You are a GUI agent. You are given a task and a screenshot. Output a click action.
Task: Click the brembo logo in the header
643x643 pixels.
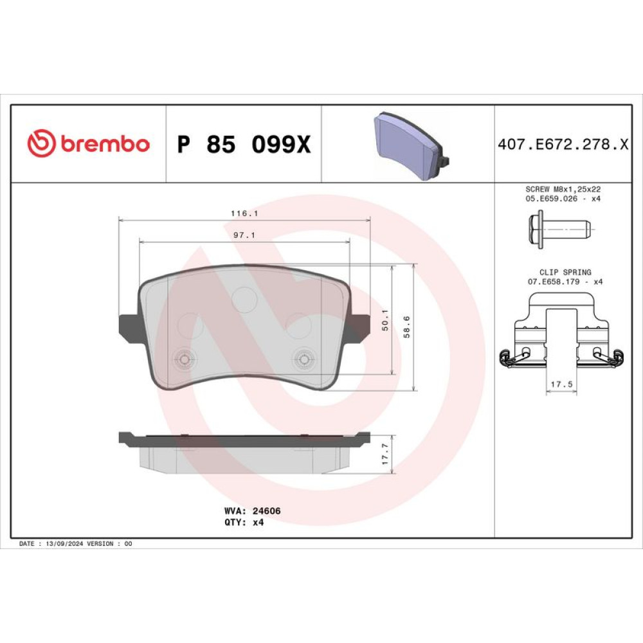coord(88,143)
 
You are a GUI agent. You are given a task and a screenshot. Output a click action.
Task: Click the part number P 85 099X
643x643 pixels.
coord(244,144)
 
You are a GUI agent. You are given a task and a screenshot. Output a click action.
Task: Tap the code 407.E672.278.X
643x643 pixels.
coord(563,144)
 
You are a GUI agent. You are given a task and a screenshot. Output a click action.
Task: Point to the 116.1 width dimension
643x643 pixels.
coord(244,213)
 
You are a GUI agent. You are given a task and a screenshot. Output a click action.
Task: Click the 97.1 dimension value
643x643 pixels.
coord(244,235)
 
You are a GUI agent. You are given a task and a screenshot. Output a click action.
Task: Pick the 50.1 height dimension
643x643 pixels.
coord(385,320)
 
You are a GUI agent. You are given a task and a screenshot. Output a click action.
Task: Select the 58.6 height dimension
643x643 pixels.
coord(406,327)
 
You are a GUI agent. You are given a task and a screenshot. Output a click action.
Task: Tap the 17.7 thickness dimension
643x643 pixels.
coord(385,454)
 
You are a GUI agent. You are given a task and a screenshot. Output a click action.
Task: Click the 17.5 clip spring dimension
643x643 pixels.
coord(561,385)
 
